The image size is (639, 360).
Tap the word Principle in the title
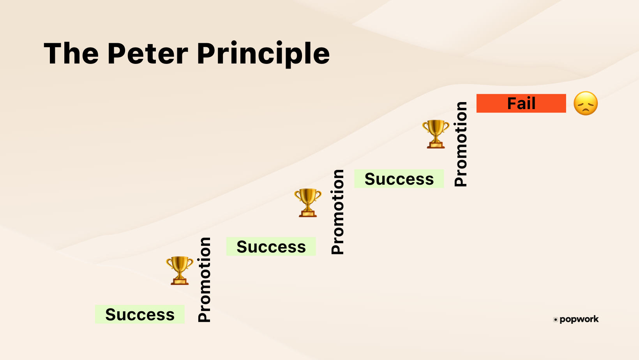coord(263,55)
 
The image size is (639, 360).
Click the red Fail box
coord(521,103)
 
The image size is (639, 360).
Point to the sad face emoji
coord(585,103)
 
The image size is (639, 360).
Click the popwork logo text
coord(579,319)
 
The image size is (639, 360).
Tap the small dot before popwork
coord(555,320)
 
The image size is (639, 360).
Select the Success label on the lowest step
coord(139,314)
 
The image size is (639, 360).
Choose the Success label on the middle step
coord(271,247)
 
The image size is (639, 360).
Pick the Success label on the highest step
coord(399,179)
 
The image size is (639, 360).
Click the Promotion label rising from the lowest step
coord(204,279)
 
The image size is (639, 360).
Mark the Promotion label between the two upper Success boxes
coord(337,212)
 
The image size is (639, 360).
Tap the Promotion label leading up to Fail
coord(461,144)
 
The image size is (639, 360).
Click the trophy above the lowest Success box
coord(180,270)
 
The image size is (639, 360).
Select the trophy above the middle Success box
coord(308,202)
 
